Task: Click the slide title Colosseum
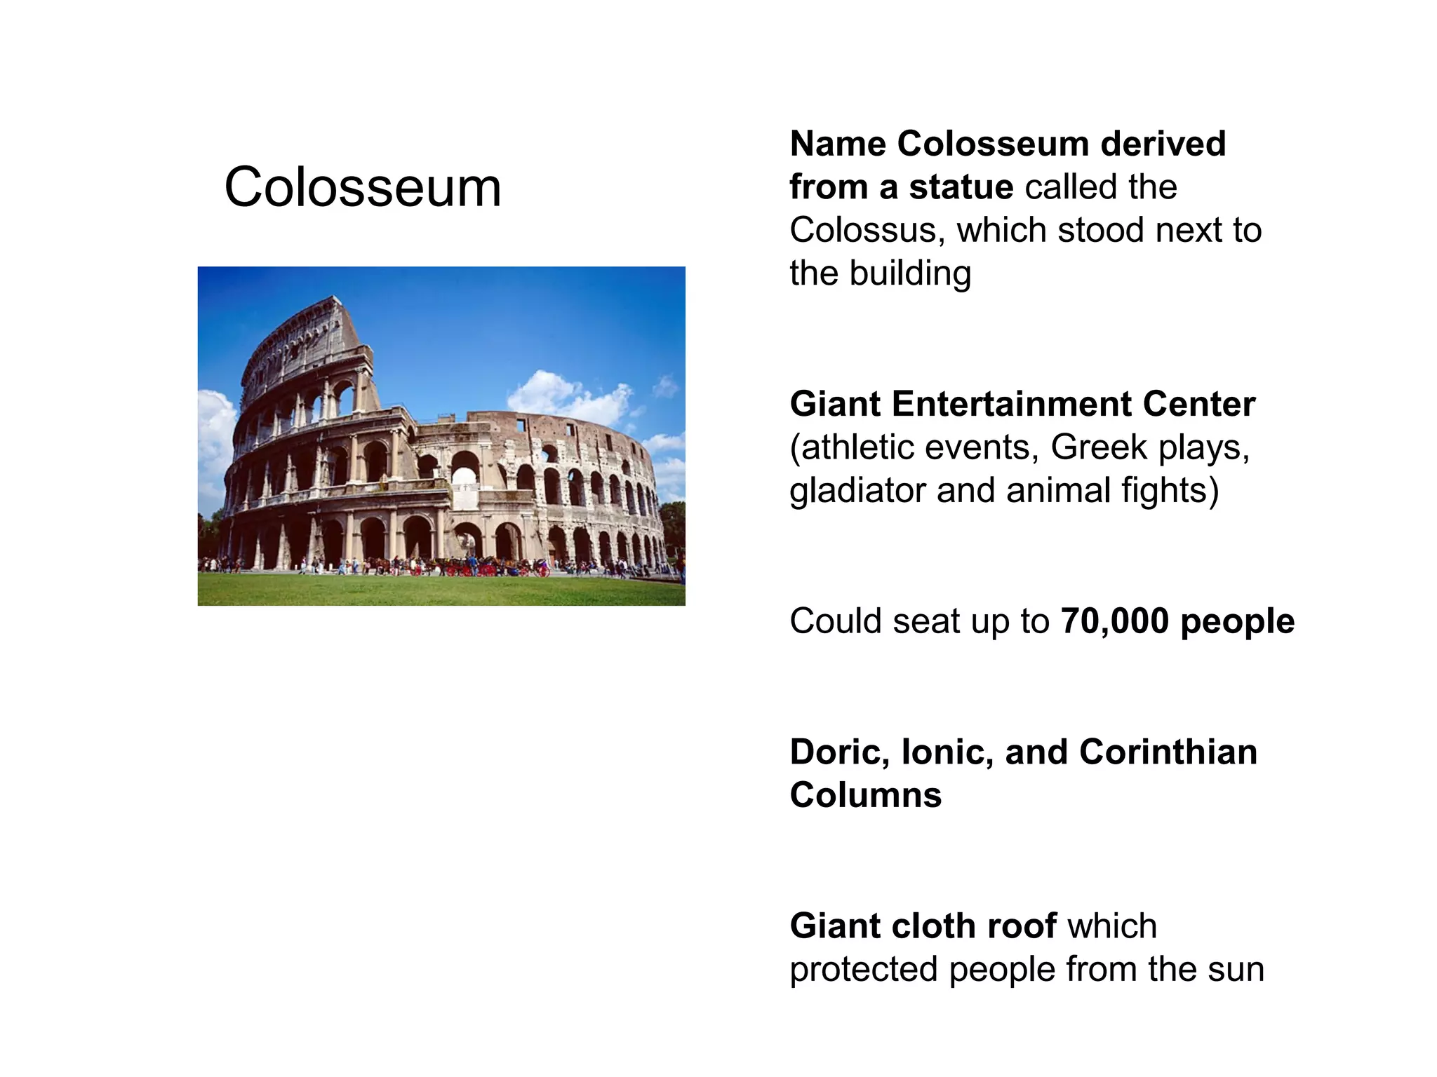(x=363, y=188)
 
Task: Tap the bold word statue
(x=961, y=187)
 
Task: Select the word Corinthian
(x=1168, y=752)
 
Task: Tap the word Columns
(x=865, y=796)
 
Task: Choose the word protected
(x=863, y=970)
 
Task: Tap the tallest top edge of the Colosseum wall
(x=330, y=302)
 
